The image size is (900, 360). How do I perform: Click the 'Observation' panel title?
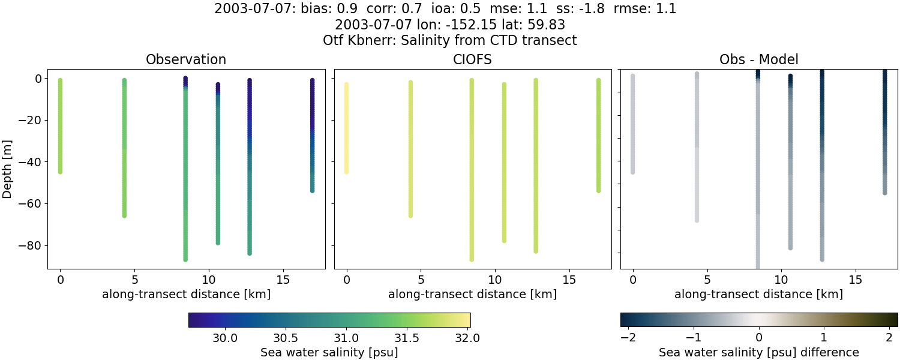(186, 60)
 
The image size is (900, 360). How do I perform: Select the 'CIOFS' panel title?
(472, 60)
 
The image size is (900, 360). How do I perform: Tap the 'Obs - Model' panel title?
(758, 60)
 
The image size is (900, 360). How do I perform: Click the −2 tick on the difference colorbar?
(628, 337)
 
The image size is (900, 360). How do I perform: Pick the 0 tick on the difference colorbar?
(759, 337)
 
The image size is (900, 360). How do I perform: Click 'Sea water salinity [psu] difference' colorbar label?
(758, 352)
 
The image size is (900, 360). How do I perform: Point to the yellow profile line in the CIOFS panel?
(346, 129)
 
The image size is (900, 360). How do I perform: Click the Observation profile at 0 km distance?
(60, 126)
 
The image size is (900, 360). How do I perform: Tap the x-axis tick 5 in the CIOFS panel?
(421, 280)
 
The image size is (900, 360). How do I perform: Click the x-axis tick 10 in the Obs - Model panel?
(781, 280)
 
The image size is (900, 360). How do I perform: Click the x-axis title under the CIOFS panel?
(472, 295)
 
